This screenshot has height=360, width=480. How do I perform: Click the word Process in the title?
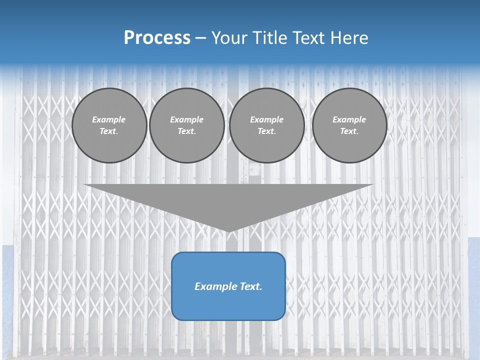157,38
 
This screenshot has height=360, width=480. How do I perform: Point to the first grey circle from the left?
109,125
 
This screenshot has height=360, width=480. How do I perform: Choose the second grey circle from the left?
186,125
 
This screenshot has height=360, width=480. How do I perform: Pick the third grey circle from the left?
266,125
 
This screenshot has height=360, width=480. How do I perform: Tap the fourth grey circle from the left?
349,125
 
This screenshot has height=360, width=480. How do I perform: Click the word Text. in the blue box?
249,286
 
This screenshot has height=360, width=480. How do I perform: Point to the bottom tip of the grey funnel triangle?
228,230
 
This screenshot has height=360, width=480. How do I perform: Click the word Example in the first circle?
109,119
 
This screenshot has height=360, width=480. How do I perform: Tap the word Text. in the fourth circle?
349,131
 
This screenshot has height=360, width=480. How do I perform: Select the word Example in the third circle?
266,119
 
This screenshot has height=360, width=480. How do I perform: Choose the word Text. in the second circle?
186,131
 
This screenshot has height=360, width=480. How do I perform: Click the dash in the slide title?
201,38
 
